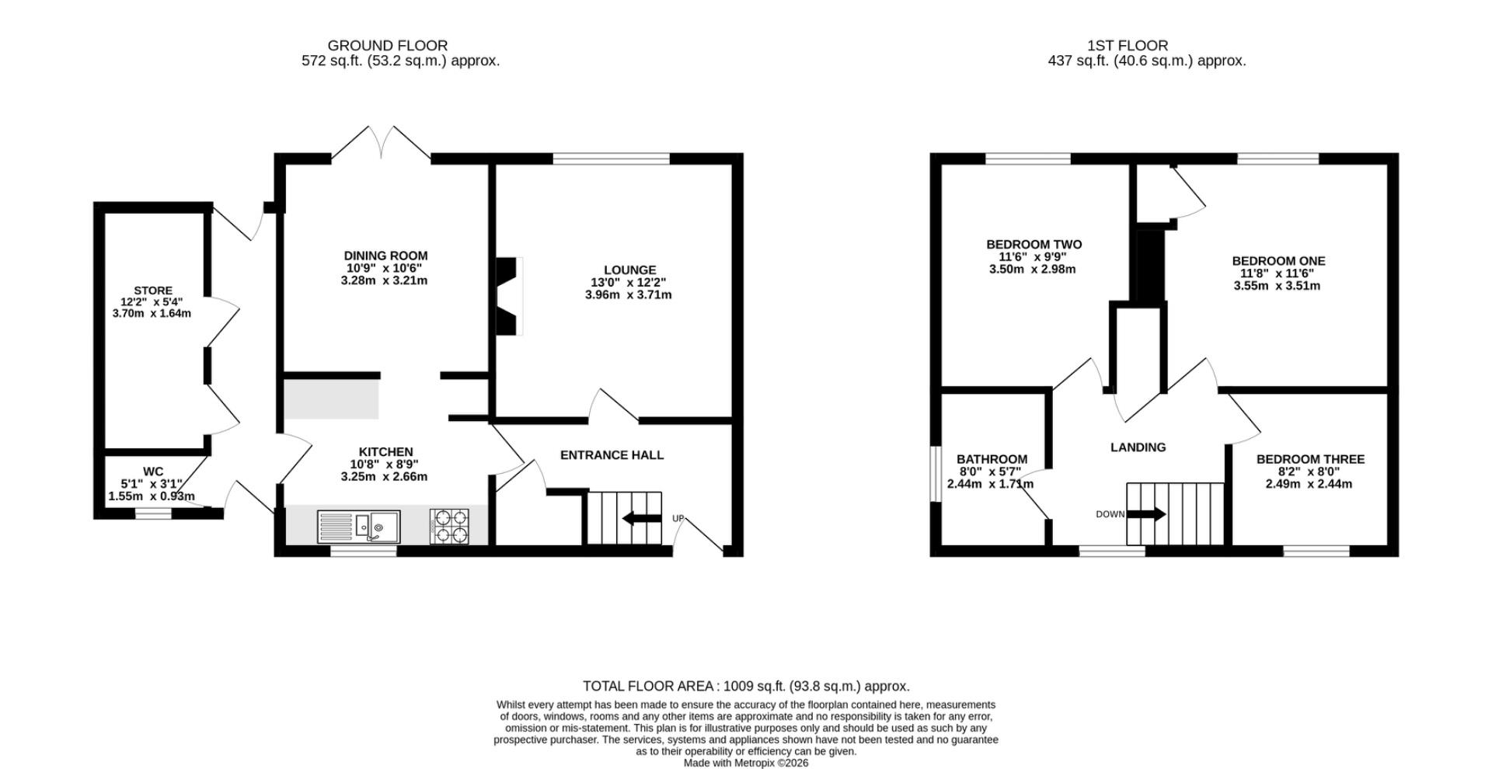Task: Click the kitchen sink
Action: (x=358, y=527)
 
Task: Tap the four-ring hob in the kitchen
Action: (x=450, y=526)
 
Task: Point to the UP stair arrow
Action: (x=642, y=518)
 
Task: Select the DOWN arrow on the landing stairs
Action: (x=1146, y=514)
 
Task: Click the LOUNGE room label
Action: (x=629, y=270)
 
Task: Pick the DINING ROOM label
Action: (x=385, y=256)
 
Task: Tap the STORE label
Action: (x=153, y=291)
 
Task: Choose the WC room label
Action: (x=153, y=471)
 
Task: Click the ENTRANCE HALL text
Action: (x=612, y=455)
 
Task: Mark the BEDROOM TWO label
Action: (x=1034, y=245)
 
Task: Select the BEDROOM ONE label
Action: (x=1278, y=261)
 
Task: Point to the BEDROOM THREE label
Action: (x=1310, y=459)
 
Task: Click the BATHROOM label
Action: (x=992, y=459)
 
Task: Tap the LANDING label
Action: (x=1138, y=447)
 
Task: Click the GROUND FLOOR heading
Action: (x=387, y=46)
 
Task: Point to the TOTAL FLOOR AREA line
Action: (x=746, y=686)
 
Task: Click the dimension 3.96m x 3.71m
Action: (x=628, y=295)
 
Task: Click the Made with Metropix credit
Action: (x=746, y=763)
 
